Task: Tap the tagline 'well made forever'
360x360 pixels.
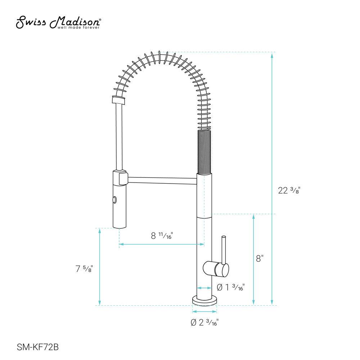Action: (78, 27)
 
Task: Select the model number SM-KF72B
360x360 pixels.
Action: (38, 347)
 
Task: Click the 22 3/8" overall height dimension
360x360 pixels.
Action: (289, 191)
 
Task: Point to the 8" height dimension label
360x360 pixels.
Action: (260, 258)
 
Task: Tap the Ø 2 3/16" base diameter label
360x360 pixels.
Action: (204, 323)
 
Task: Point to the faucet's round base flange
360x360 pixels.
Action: (204, 300)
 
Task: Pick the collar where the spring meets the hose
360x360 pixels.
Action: (119, 100)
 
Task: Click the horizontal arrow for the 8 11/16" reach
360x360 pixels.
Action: (161, 244)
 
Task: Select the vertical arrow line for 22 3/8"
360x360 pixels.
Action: (272, 180)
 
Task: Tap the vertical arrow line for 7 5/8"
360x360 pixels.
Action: (100, 266)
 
